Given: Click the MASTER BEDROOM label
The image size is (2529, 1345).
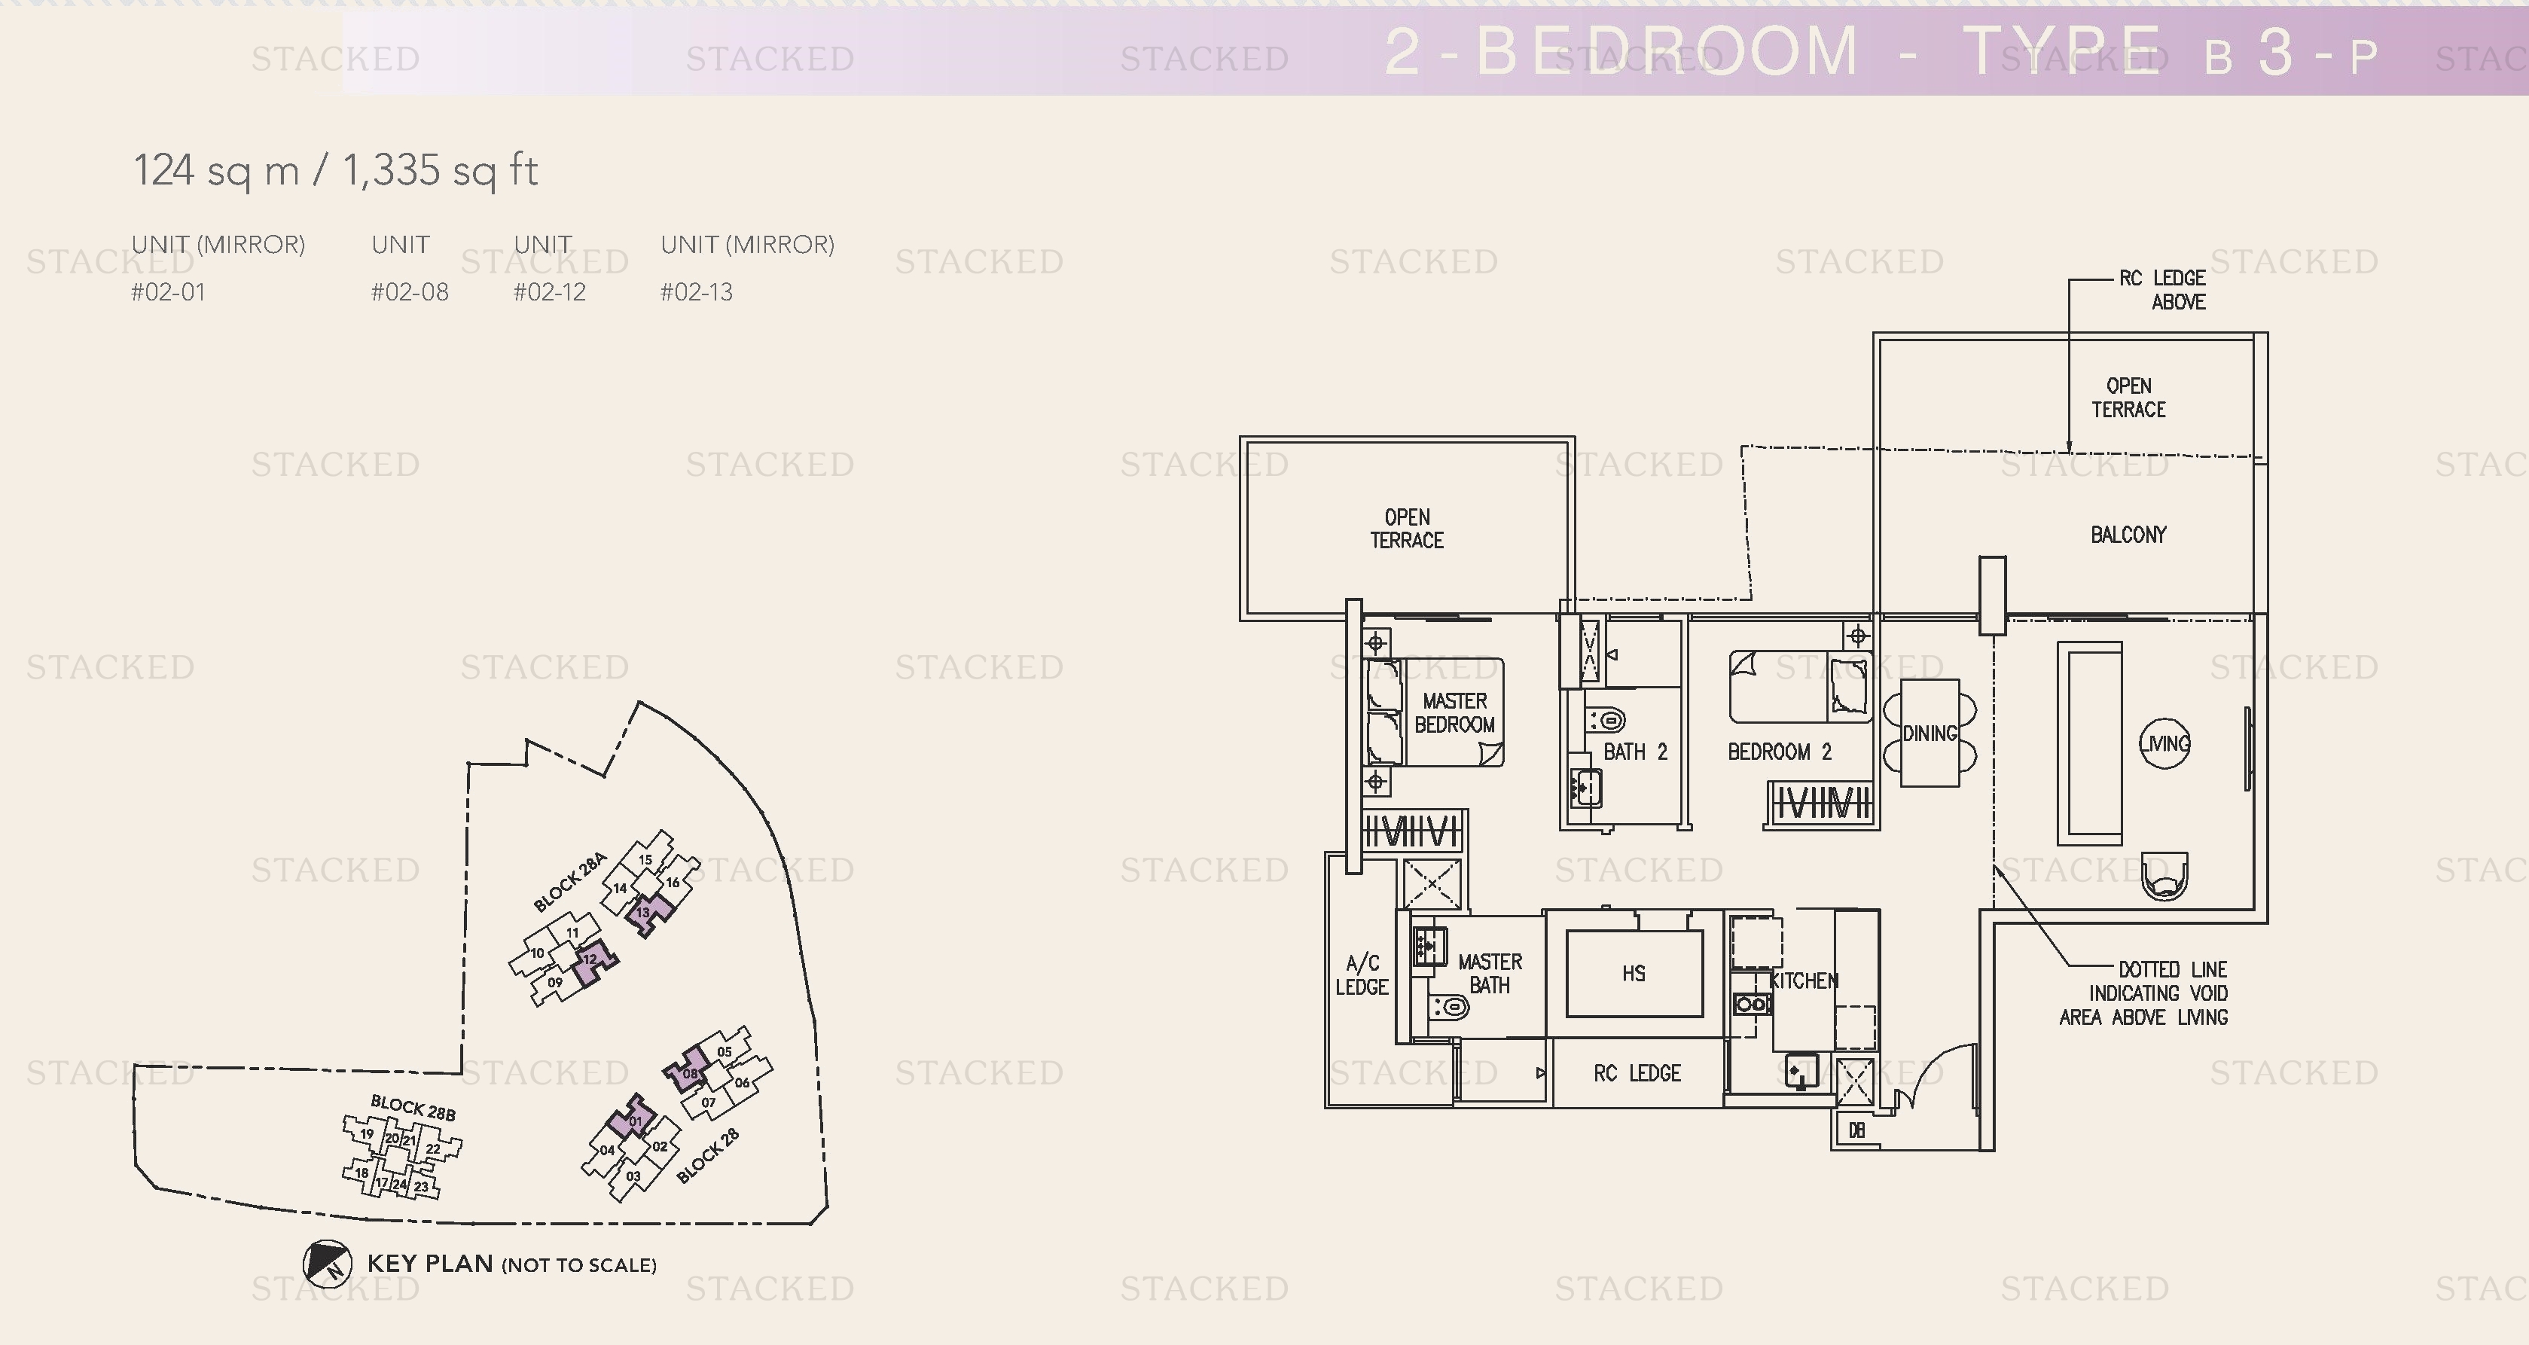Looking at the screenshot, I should click(x=1454, y=712).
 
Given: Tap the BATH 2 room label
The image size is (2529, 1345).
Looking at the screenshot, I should click(x=1634, y=752).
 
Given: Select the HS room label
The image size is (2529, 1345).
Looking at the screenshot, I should click(x=1634, y=973).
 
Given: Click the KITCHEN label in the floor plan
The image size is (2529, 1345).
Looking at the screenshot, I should click(x=1804, y=980).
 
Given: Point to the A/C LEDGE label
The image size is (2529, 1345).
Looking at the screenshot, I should click(x=1362, y=975).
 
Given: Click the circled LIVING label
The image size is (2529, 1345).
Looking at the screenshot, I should click(x=2164, y=743).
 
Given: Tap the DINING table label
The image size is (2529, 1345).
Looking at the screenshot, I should click(x=1930, y=733).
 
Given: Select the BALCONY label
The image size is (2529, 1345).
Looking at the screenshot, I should click(x=2128, y=535).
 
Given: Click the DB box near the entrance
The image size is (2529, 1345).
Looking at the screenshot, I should click(x=1856, y=1130).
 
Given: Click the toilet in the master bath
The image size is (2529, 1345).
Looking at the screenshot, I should click(x=1449, y=1006).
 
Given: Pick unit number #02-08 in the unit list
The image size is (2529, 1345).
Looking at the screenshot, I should click(x=410, y=292).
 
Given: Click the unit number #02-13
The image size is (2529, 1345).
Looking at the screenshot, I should click(x=696, y=292).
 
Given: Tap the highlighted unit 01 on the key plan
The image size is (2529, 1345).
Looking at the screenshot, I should click(x=634, y=1120).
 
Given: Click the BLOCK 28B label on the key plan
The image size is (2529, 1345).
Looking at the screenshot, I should click(x=413, y=1108).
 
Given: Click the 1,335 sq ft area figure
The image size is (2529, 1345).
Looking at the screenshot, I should click(x=440, y=171).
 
